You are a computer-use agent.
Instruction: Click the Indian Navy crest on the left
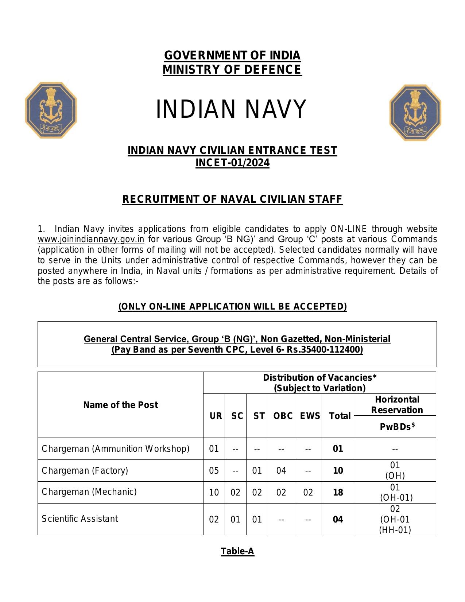(51, 110)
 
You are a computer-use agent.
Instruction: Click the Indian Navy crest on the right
(415, 113)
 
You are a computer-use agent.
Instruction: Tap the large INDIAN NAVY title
(231, 109)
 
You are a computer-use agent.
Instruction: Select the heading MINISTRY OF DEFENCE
(232, 70)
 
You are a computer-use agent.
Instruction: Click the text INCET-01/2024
(232, 163)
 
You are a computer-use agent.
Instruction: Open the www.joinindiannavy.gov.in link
(91, 239)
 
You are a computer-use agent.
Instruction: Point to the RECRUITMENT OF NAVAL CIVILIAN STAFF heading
(232, 199)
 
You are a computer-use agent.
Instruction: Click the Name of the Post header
(120, 405)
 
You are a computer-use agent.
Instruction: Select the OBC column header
(283, 416)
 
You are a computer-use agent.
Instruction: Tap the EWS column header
(310, 416)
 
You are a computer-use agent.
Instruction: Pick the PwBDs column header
(397, 427)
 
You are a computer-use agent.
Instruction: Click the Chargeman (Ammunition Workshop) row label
(115, 448)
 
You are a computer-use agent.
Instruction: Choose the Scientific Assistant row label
(80, 519)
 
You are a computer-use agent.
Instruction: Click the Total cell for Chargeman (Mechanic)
(338, 492)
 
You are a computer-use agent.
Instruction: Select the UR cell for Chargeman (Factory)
(214, 470)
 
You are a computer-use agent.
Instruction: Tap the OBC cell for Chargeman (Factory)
(281, 470)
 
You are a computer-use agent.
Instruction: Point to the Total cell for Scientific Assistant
(338, 519)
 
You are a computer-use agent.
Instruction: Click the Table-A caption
(237, 551)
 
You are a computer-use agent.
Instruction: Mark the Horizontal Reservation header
(397, 405)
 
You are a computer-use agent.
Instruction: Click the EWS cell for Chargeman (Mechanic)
(308, 492)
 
